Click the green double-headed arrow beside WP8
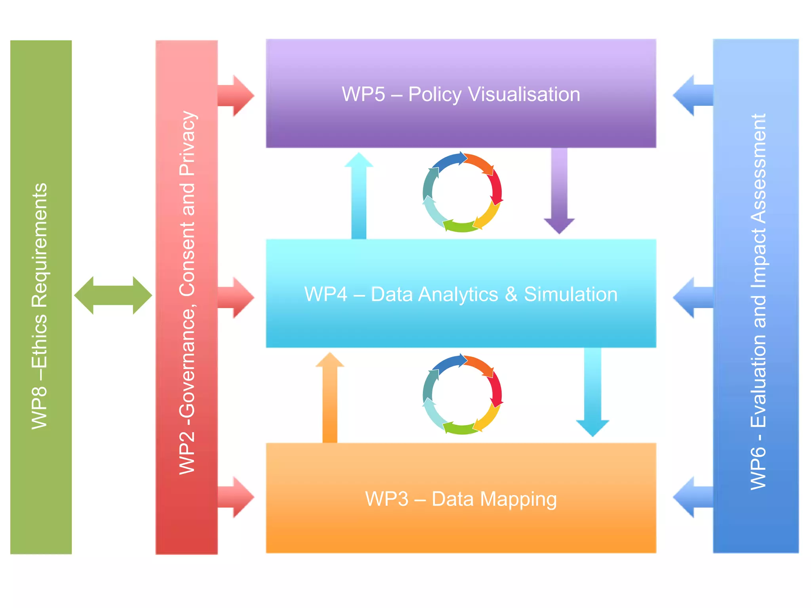pos(113,295)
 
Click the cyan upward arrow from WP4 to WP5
pos(359,196)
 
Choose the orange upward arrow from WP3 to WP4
pos(330,398)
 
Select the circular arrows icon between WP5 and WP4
pos(463,192)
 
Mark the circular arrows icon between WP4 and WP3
pos(463,394)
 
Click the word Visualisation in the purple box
pos(524,94)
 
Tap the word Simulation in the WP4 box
pos(570,294)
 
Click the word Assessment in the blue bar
pos(758,170)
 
